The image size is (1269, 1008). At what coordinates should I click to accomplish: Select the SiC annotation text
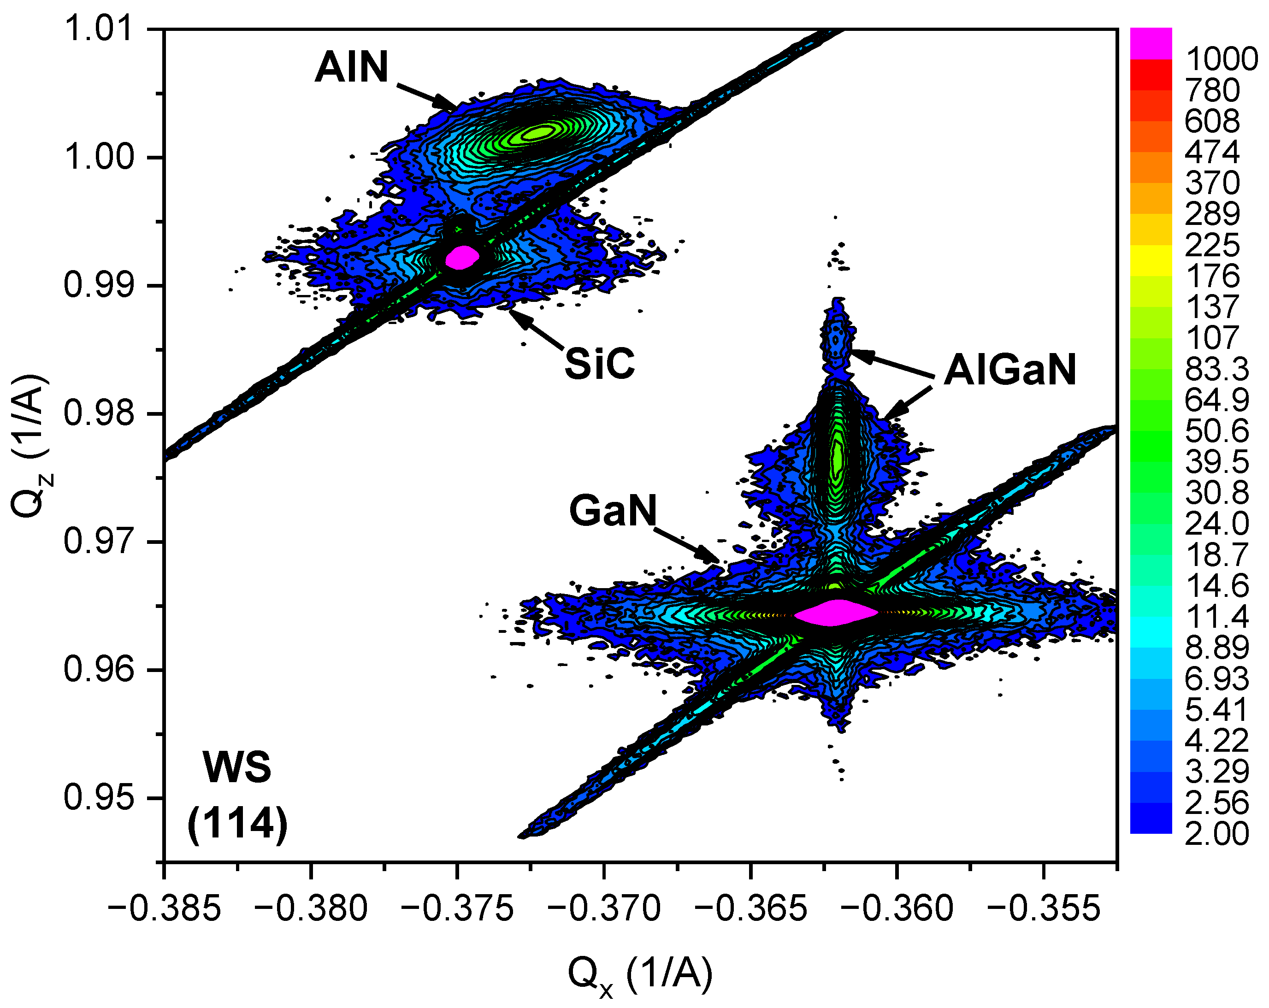599,364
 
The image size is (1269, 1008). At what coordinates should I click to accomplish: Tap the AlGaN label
1010,370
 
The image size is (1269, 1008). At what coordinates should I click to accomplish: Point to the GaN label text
612,510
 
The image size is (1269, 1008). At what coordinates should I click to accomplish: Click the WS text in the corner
237,767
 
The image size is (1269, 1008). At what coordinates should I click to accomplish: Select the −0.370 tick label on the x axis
604,908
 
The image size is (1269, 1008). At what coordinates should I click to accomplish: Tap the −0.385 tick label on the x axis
164,908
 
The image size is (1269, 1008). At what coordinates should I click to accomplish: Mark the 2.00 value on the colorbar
1216,833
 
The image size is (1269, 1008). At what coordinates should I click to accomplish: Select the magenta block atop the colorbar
1151,43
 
